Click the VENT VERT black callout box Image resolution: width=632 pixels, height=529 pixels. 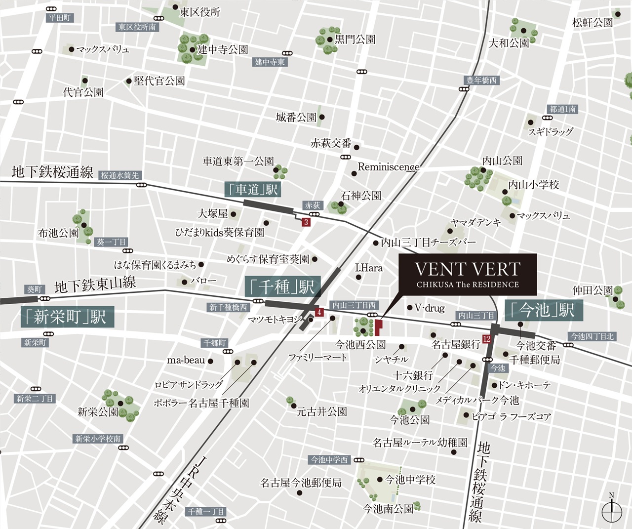pos(467,275)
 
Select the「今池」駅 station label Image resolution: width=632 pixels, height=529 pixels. pos(543,310)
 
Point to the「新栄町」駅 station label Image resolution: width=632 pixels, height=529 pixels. pos(67,317)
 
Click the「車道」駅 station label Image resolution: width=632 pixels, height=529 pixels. pos(252,190)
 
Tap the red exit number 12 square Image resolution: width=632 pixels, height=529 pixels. pos(487,339)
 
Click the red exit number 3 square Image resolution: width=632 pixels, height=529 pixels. pos(306,222)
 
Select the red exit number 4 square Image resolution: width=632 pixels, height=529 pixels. pos(319,312)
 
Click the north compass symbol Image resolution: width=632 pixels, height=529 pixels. pos(612,509)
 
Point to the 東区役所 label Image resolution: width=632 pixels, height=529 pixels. pos(200,12)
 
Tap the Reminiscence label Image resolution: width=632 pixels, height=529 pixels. pos(389,167)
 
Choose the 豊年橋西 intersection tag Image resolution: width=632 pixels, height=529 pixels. pos(481,80)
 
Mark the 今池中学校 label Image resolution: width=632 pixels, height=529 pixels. pos(410,480)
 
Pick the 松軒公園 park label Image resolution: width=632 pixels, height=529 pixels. pos(592,22)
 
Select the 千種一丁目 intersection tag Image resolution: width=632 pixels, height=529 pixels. pos(206,512)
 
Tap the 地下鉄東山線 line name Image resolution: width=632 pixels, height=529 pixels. pos(95,285)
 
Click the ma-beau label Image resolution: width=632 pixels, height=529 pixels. pos(186,360)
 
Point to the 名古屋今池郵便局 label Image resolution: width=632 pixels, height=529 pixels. pos(301,483)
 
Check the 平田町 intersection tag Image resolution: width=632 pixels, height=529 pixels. pos(60,18)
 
